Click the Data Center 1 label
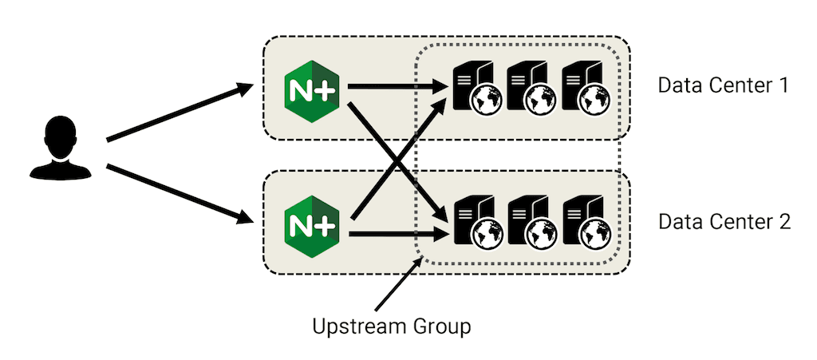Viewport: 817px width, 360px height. pyautogui.click(x=723, y=85)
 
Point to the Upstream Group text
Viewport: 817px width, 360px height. pyautogui.click(x=391, y=326)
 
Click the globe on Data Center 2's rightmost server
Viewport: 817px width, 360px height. pyautogui.click(x=594, y=233)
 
